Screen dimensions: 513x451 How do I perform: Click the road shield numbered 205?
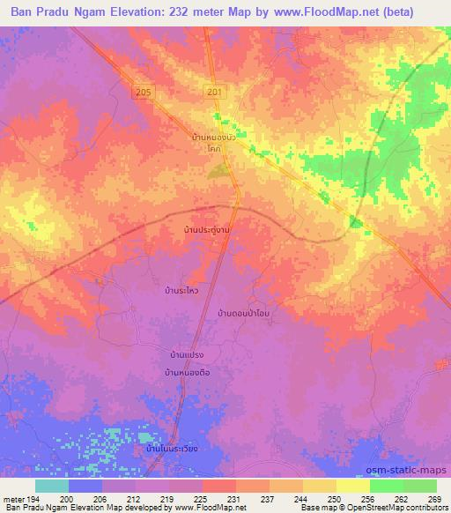[144, 92]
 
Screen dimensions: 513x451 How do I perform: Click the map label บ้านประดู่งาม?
[201, 229]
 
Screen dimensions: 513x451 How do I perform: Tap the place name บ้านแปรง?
[187, 354]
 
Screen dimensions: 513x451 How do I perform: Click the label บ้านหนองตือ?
[187, 373]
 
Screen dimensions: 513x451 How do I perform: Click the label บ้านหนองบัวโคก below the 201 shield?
[212, 143]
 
